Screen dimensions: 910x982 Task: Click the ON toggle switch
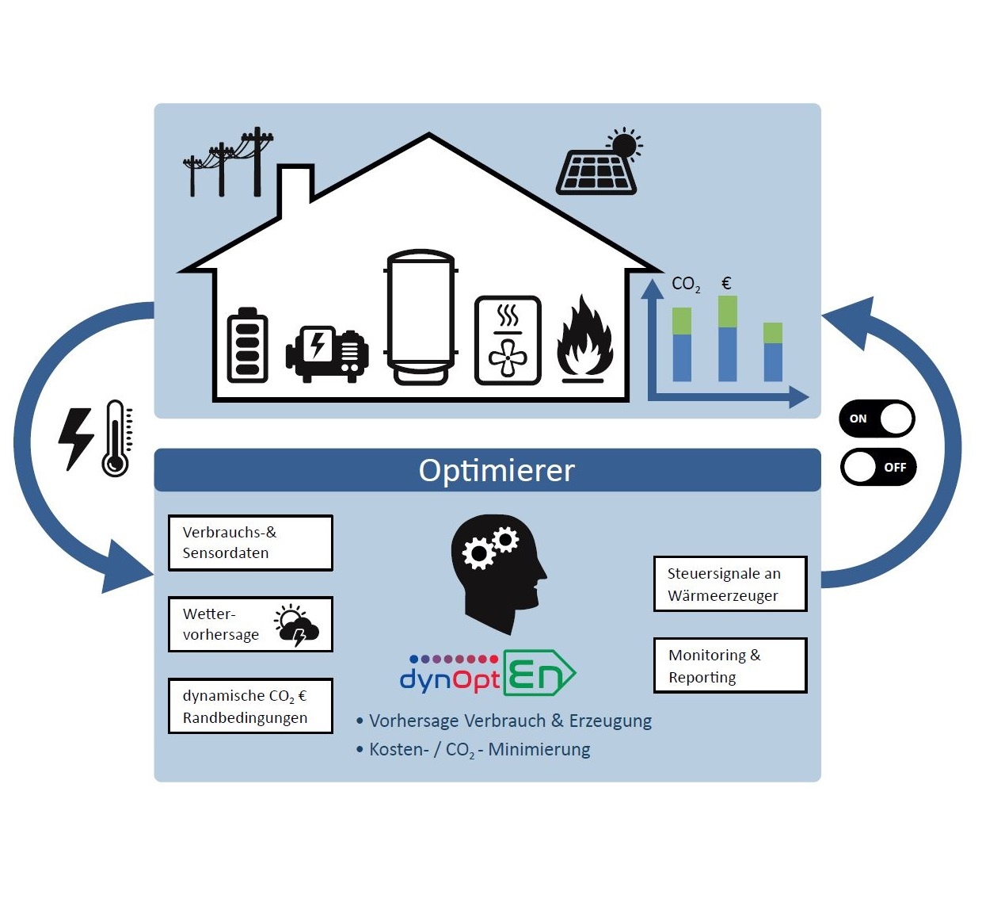click(877, 419)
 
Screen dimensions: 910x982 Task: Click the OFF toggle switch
click(877, 467)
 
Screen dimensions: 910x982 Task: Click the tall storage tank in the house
click(421, 317)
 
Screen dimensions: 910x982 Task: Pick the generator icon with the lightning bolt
click(326, 352)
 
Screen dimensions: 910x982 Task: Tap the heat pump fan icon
click(508, 341)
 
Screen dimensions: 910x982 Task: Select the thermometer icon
click(116, 438)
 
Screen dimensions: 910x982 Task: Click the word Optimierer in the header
click(497, 470)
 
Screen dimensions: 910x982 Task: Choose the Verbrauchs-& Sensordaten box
click(250, 543)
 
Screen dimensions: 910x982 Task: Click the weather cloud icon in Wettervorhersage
click(297, 625)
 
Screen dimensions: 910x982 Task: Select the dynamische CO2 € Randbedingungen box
click(250, 706)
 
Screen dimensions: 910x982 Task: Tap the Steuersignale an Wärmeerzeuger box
click(729, 584)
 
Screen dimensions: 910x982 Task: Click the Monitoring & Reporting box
click(729, 666)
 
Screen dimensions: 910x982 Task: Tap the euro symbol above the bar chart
click(726, 283)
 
